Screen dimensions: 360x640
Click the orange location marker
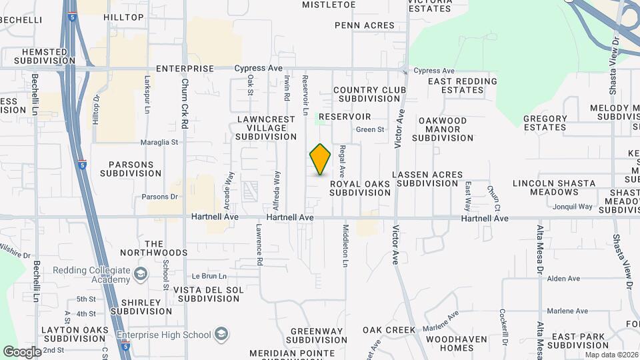[320, 159]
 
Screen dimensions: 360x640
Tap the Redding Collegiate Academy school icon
[141, 273]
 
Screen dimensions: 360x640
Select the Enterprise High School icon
[221, 334]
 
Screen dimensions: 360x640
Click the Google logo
[22, 351]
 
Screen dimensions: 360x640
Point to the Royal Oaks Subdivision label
[360, 188]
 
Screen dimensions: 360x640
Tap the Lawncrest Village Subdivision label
[266, 128]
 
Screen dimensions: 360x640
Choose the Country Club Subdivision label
[366, 94]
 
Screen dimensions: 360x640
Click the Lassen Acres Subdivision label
[427, 179]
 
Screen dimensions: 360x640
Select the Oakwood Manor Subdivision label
[442, 129]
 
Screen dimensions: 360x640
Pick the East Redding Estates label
[463, 85]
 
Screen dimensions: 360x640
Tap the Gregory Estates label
[545, 123]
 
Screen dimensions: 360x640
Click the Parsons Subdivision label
[131, 169]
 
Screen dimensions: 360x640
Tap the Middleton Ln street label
[345, 244]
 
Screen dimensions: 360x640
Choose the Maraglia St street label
[159, 142]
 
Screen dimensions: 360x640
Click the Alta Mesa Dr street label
[541, 247]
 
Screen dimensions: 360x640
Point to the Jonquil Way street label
[571, 207]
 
